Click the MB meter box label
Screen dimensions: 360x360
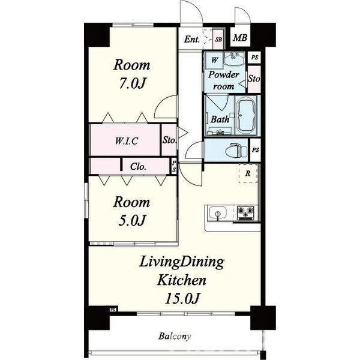[x=240, y=38]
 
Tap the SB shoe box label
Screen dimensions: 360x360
[x=218, y=40]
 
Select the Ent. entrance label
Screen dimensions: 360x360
[x=192, y=39]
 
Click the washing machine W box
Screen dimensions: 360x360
[x=214, y=61]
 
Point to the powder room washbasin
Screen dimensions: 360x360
[x=234, y=59]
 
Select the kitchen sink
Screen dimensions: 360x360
[x=217, y=214]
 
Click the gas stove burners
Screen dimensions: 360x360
[x=245, y=212]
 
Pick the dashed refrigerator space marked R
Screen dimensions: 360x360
[x=248, y=173]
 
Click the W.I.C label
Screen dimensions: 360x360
[x=127, y=141]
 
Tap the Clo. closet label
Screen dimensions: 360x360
[x=138, y=166]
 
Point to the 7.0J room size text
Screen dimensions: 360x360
[x=133, y=83]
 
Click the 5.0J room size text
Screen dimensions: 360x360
[x=132, y=220]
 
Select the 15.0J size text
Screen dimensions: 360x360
[x=181, y=298]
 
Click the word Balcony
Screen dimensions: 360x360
[x=175, y=337]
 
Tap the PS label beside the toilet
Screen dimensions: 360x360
[x=256, y=150]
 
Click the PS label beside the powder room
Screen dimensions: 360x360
[x=254, y=57]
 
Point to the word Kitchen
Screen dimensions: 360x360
[x=181, y=280]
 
